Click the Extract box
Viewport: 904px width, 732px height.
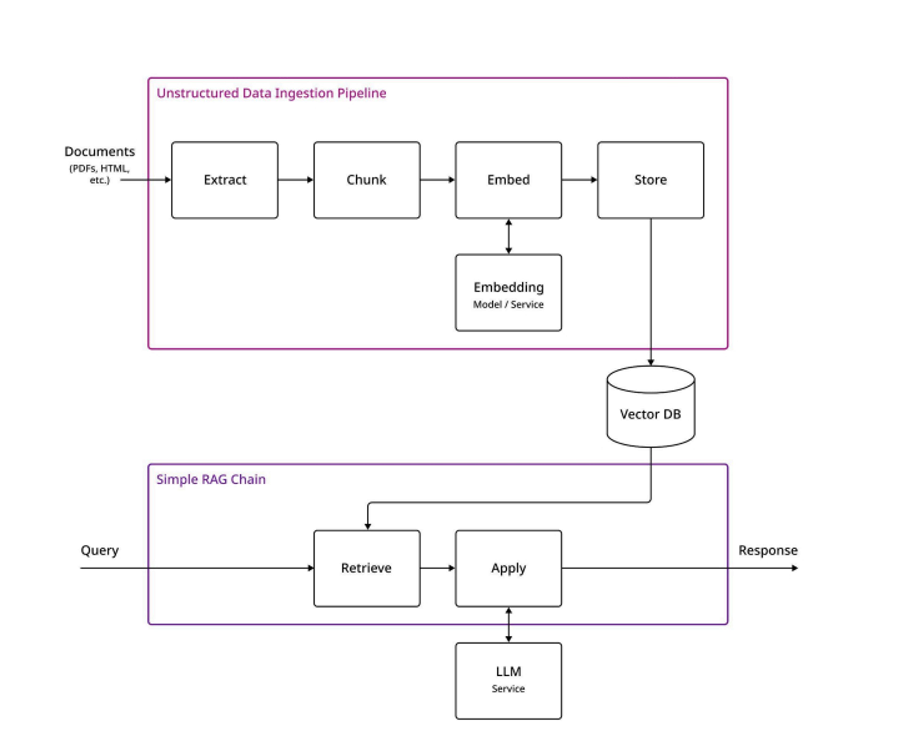point(225,180)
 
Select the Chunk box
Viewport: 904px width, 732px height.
point(366,180)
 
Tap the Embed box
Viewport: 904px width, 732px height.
point(508,180)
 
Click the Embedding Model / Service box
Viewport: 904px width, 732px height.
point(508,293)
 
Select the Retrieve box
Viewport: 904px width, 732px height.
point(366,568)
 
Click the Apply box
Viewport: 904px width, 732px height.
point(508,568)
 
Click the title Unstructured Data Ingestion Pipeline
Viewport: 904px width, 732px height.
point(271,93)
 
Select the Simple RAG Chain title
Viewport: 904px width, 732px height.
point(211,479)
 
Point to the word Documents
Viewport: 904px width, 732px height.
point(100,151)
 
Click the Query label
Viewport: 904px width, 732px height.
point(100,550)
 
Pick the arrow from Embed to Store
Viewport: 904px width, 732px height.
point(579,180)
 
